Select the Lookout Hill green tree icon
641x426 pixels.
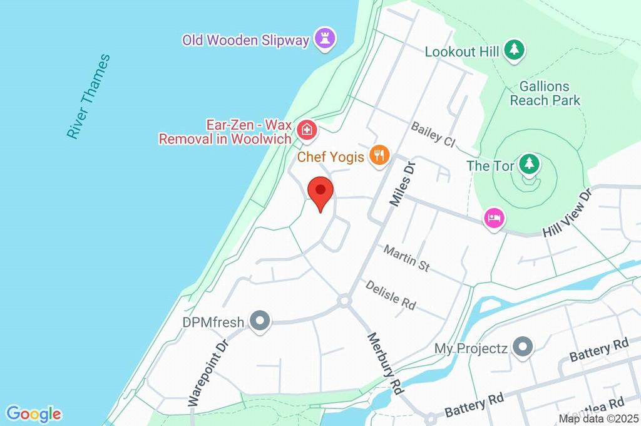[x=515, y=50]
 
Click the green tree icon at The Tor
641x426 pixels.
[x=530, y=165]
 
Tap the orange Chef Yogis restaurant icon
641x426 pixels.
[x=379, y=155]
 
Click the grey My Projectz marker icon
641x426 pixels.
[x=521, y=346]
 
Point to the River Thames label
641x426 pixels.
[x=89, y=96]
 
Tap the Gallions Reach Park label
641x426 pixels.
[x=545, y=93]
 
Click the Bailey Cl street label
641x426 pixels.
[x=433, y=134]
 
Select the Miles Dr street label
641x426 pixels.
[x=403, y=184]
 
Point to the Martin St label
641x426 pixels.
[x=407, y=257]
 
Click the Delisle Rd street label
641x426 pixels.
[x=391, y=294]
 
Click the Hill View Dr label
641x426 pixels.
[x=568, y=213]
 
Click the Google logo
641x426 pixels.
[x=34, y=414]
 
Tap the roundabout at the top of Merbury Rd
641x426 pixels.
[x=343, y=301]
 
